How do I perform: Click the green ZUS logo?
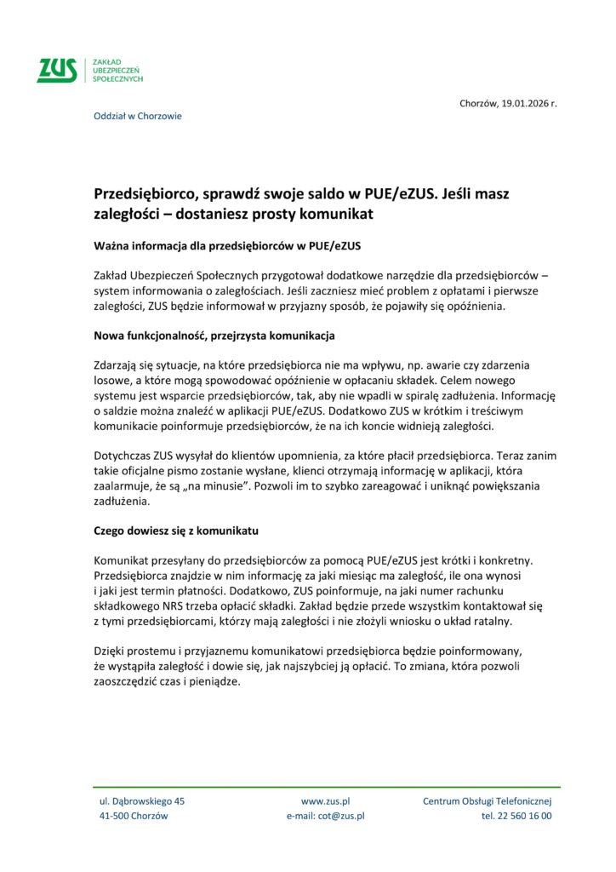click(56, 70)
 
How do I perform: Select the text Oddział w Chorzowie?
click(137, 116)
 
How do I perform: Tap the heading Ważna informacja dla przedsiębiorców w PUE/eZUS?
click(227, 246)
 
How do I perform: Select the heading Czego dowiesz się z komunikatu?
click(176, 531)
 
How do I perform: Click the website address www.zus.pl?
click(326, 801)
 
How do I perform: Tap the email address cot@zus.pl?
click(341, 816)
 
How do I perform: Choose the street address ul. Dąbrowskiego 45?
click(142, 801)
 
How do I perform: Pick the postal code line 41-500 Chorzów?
click(134, 816)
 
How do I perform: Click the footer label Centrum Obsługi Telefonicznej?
click(488, 801)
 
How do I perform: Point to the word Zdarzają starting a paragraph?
click(117, 364)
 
